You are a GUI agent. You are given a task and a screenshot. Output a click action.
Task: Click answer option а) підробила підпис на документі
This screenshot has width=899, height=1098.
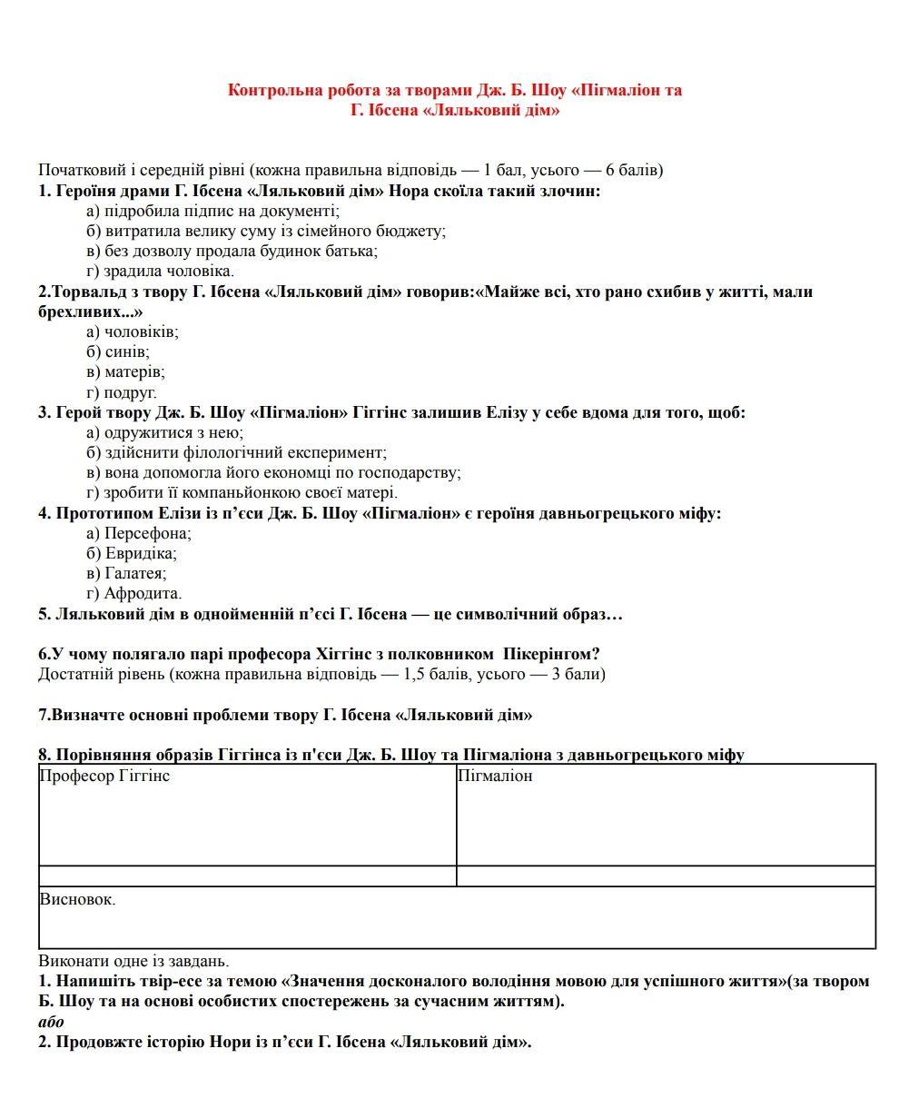tap(212, 211)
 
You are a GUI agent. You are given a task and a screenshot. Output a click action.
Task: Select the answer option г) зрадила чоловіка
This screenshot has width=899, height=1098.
tap(160, 271)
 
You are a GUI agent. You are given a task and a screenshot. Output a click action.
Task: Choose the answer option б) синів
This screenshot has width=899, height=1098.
tap(118, 351)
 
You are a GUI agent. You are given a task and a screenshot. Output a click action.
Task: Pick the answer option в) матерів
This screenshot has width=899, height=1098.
tap(125, 371)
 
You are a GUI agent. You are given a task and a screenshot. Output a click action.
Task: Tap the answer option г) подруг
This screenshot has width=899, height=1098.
tap(122, 392)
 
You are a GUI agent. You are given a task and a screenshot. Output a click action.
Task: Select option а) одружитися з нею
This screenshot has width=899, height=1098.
tap(164, 432)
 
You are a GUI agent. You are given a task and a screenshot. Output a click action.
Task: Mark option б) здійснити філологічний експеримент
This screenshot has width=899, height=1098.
tap(236, 452)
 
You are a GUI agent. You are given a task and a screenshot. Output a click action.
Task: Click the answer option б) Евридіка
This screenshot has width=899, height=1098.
tap(132, 553)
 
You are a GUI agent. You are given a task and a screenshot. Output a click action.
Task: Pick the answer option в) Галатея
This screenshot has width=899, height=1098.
tap(126, 573)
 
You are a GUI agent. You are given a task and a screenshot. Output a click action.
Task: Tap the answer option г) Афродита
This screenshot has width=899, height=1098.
tap(134, 594)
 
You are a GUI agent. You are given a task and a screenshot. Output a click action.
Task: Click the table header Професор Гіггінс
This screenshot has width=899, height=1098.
tap(104, 776)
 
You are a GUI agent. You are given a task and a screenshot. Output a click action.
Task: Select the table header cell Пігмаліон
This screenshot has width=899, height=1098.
tap(495, 776)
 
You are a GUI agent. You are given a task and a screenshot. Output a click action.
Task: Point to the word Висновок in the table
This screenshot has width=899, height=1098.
tap(77, 899)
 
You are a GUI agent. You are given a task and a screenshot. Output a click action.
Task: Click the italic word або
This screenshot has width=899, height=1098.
tap(52, 1022)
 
